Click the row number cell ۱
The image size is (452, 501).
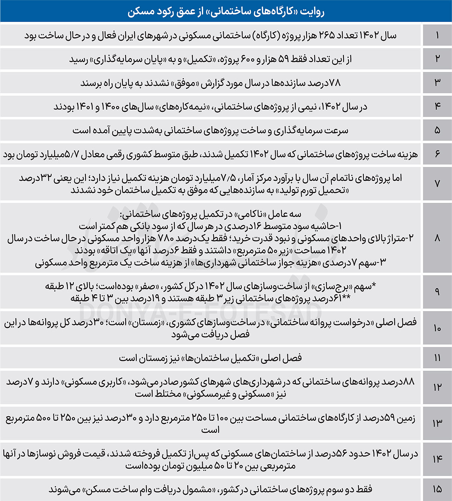437,35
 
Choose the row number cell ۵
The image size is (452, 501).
437,130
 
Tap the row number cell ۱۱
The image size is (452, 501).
437,358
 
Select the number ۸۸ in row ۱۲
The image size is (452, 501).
408,382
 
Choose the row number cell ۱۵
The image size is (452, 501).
437,489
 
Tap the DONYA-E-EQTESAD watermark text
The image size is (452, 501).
200,312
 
